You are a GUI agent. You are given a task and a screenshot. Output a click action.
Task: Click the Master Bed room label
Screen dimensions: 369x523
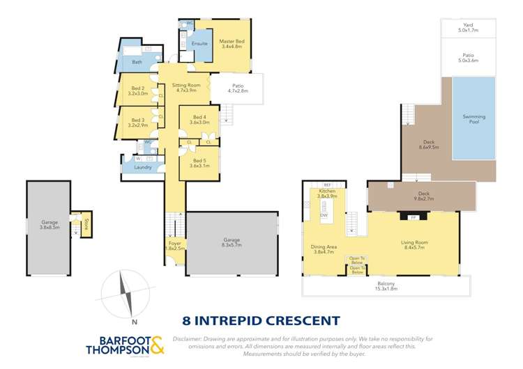[229, 44]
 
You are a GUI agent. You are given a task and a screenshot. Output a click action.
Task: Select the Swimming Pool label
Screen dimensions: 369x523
[477, 119]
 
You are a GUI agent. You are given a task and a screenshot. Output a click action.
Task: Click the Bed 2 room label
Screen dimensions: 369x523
[138, 91]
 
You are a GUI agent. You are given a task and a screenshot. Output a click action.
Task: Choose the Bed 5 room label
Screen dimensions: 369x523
[199, 163]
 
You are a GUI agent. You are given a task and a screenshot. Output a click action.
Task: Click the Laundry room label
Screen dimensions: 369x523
[142, 167]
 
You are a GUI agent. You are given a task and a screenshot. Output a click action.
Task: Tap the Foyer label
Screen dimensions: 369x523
[174, 245]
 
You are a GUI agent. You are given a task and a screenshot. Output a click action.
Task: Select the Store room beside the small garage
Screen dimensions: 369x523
[86, 224]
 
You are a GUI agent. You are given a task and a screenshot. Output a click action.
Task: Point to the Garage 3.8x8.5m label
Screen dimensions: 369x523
[49, 225]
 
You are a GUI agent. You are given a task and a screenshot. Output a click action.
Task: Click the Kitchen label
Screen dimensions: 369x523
[328, 194]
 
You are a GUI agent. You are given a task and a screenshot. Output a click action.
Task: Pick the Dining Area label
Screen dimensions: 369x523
[323, 249]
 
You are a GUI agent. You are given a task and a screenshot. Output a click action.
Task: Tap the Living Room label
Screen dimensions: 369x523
[414, 245]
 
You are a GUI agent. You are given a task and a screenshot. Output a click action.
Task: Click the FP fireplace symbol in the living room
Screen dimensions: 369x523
[413, 217]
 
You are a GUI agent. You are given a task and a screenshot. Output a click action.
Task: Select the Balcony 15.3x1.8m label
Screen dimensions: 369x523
[386, 286]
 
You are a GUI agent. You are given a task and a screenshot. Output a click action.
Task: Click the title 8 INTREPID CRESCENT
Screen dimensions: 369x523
[261, 321]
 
